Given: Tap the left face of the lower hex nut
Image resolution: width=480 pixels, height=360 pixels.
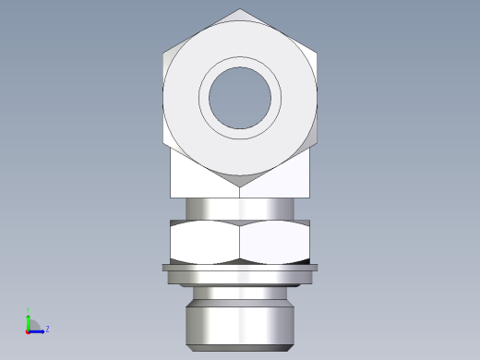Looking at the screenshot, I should click(x=205, y=242).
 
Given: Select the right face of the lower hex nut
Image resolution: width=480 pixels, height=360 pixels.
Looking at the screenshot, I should click(x=274, y=242).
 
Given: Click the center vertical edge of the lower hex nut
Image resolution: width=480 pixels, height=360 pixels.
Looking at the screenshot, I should click(x=240, y=242).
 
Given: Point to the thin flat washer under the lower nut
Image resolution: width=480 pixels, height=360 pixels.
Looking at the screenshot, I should click(x=240, y=269).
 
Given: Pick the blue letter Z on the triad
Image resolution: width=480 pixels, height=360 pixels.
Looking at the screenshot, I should click(x=47, y=329).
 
